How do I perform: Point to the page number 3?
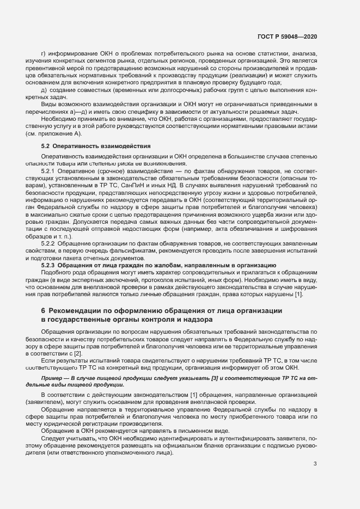click(x=315, y=464)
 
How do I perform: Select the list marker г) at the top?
click(x=44, y=53)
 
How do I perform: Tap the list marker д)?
click(x=44, y=89)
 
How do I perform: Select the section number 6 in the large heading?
click(x=43, y=310)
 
